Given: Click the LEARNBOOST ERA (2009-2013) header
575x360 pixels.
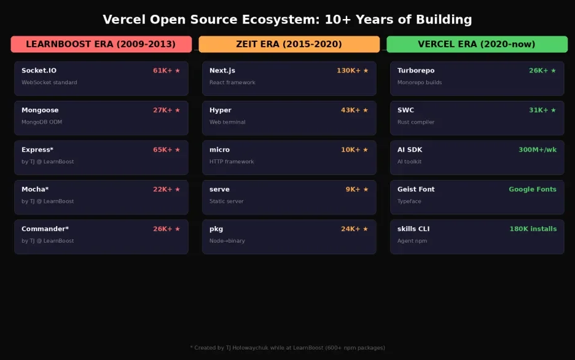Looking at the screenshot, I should (101, 44).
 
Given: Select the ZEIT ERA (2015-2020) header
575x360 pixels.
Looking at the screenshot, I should (289, 44).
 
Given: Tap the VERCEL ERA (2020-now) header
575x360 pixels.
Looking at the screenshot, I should (477, 44).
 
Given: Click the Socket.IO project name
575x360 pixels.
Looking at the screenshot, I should (39, 71).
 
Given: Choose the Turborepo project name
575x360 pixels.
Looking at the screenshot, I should (416, 71).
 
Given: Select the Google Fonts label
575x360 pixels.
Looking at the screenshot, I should (532, 189).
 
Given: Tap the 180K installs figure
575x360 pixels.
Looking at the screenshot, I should (533, 229).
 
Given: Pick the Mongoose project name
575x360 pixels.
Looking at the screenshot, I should (40, 111).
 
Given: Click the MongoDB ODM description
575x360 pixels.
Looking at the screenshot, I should (42, 122).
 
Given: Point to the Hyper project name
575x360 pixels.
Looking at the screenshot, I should (221, 111).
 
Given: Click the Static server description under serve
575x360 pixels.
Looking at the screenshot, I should (227, 202).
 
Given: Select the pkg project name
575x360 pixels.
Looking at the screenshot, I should (216, 229).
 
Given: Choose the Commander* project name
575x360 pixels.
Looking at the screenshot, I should (45, 229).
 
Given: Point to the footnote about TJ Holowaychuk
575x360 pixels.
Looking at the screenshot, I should (287, 348).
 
